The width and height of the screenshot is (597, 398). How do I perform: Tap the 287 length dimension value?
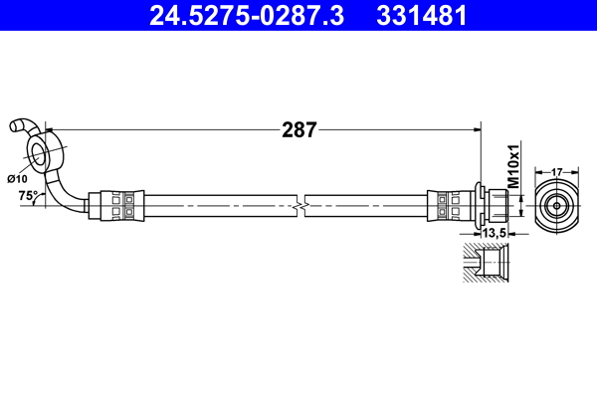298,129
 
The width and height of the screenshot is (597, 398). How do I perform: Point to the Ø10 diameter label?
17,178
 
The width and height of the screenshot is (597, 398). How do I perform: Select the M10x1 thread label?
514,166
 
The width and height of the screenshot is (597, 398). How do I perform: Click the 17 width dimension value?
557,170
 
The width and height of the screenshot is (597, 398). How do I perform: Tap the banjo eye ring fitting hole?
41,153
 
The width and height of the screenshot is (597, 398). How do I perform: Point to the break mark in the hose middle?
301,205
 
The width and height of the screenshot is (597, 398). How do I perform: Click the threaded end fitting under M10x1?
497,205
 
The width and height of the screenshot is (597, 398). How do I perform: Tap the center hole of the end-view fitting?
557,205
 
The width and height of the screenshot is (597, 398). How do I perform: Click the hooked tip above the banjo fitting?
17,125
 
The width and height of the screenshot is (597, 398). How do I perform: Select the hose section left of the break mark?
219,205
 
